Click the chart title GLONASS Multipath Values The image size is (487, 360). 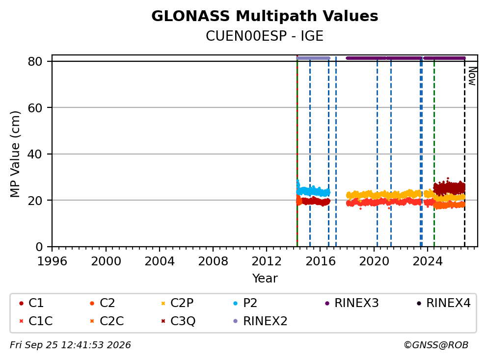[265, 16]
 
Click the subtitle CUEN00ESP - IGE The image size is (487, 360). [265, 36]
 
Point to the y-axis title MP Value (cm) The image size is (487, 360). [15, 154]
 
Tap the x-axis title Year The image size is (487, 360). [265, 278]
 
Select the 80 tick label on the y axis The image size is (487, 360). [35, 61]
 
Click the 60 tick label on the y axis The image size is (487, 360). [35, 108]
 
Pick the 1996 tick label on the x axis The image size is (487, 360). [52, 261]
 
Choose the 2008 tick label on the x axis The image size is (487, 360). [213, 261]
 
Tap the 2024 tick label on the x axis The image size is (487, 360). [428, 261]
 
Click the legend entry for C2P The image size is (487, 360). [177, 303]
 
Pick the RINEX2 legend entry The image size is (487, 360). [260, 321]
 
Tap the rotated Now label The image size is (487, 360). [472, 77]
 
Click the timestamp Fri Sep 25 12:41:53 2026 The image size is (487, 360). [71, 345]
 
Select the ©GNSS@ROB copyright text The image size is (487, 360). [436, 345]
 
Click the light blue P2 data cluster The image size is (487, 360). [313, 191]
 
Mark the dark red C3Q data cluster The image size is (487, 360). [449, 188]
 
